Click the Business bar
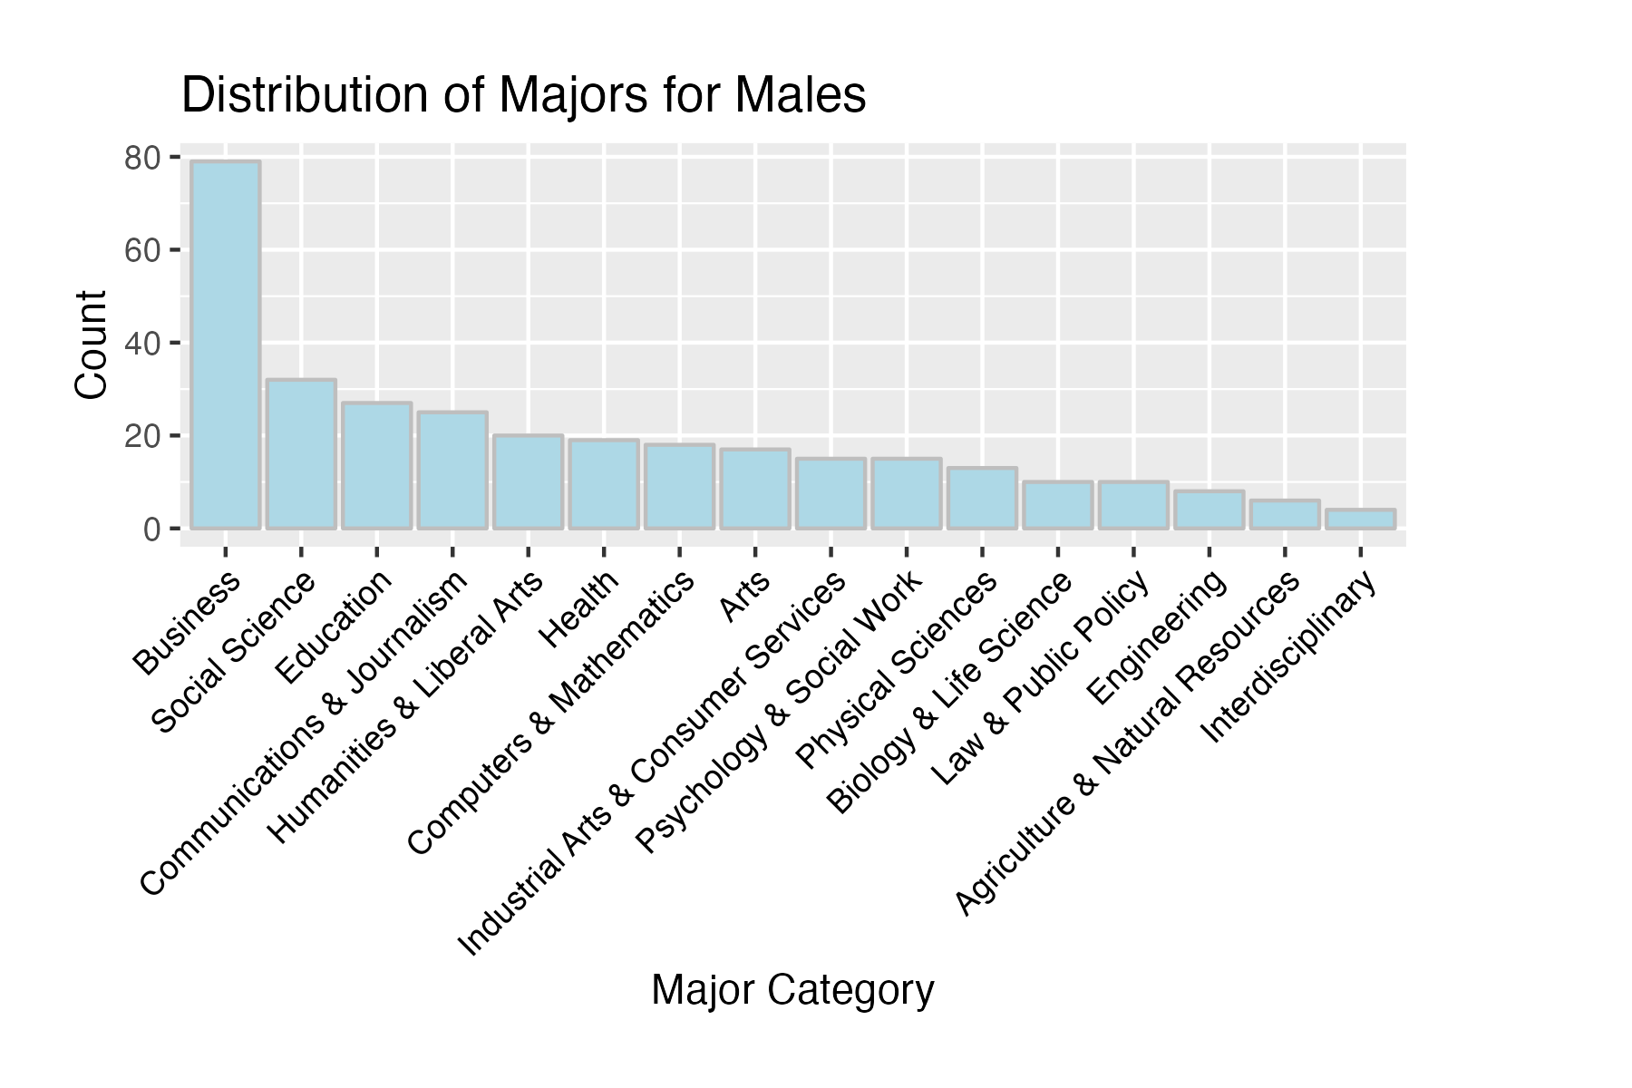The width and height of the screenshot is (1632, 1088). click(226, 345)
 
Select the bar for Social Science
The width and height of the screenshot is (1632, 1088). click(301, 453)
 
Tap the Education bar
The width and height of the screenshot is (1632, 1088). click(377, 465)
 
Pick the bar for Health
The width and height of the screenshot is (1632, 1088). click(604, 484)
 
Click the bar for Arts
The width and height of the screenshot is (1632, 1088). click(755, 489)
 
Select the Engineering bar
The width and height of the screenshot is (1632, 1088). click(1209, 510)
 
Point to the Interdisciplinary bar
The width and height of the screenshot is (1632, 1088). click(1360, 519)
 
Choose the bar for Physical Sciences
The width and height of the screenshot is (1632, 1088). click(982, 498)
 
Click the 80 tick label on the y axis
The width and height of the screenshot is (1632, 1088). click(142, 159)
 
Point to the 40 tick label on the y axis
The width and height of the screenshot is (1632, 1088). click(142, 344)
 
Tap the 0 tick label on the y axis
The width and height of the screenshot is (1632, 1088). click(151, 529)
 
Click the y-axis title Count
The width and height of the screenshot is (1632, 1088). click(92, 345)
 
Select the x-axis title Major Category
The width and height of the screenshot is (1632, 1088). click(792, 990)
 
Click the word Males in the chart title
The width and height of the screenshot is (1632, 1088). click(801, 95)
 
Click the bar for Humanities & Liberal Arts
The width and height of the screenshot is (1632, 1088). click(529, 481)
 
